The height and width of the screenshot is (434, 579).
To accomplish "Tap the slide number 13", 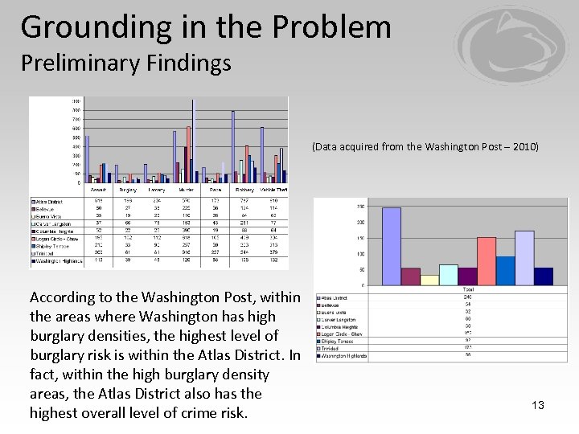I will point(538,405).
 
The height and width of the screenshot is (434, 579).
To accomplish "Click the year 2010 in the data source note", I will point(524,148).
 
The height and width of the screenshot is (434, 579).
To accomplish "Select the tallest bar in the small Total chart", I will point(392,246).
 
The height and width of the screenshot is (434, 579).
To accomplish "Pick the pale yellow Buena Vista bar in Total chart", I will point(430,280).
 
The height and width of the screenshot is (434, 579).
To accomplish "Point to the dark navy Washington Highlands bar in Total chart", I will point(544,276).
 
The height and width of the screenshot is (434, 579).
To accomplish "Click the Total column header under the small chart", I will point(467,289).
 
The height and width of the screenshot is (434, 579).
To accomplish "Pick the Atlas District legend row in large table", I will point(50,201).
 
